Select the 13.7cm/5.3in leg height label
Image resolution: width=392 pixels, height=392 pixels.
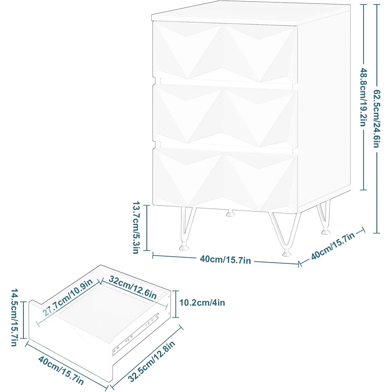tap(136, 228)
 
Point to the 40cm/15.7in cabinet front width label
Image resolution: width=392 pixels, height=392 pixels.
tap(225, 260)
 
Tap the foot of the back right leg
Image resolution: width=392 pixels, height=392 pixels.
tap(325, 232)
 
